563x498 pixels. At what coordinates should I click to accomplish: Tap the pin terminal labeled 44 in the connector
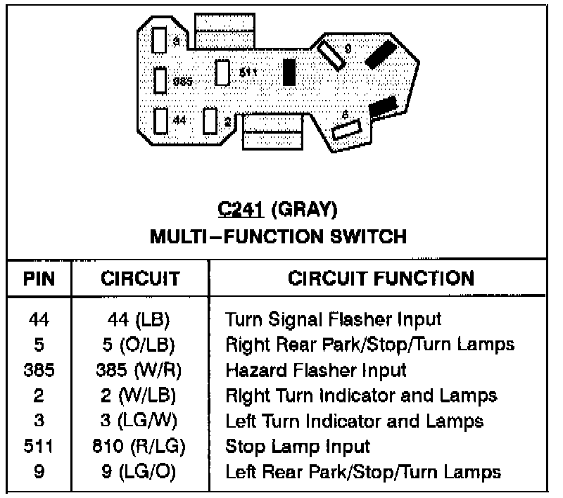(160, 120)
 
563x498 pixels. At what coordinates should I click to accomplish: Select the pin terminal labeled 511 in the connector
(222, 72)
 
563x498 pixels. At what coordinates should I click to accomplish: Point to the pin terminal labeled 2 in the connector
(209, 120)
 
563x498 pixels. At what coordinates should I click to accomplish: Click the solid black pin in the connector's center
(289, 72)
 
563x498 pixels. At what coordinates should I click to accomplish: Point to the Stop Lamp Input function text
(297, 446)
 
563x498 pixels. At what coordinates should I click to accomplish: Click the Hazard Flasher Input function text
(316, 369)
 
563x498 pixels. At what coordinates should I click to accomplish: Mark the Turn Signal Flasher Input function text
(333, 319)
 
